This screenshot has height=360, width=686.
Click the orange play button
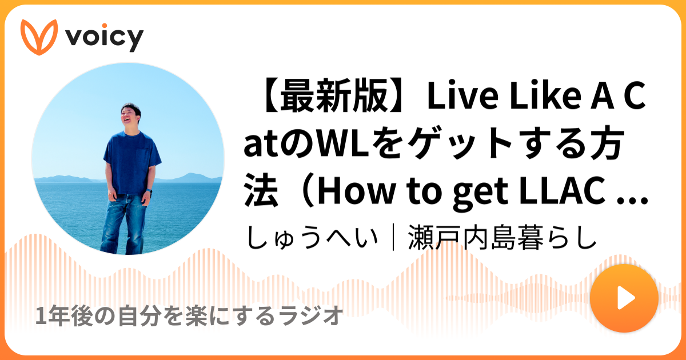click(x=624, y=298)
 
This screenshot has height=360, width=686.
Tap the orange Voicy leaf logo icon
click(x=39, y=37)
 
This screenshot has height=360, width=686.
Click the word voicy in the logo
click(x=105, y=38)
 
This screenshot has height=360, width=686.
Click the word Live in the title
click(x=462, y=95)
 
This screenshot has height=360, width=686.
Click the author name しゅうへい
click(x=312, y=238)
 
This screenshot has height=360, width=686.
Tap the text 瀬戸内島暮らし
click(x=502, y=237)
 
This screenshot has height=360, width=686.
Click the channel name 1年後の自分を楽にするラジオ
click(x=189, y=315)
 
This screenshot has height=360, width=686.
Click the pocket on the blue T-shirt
click(x=142, y=157)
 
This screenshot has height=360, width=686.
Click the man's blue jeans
click(x=124, y=223)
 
